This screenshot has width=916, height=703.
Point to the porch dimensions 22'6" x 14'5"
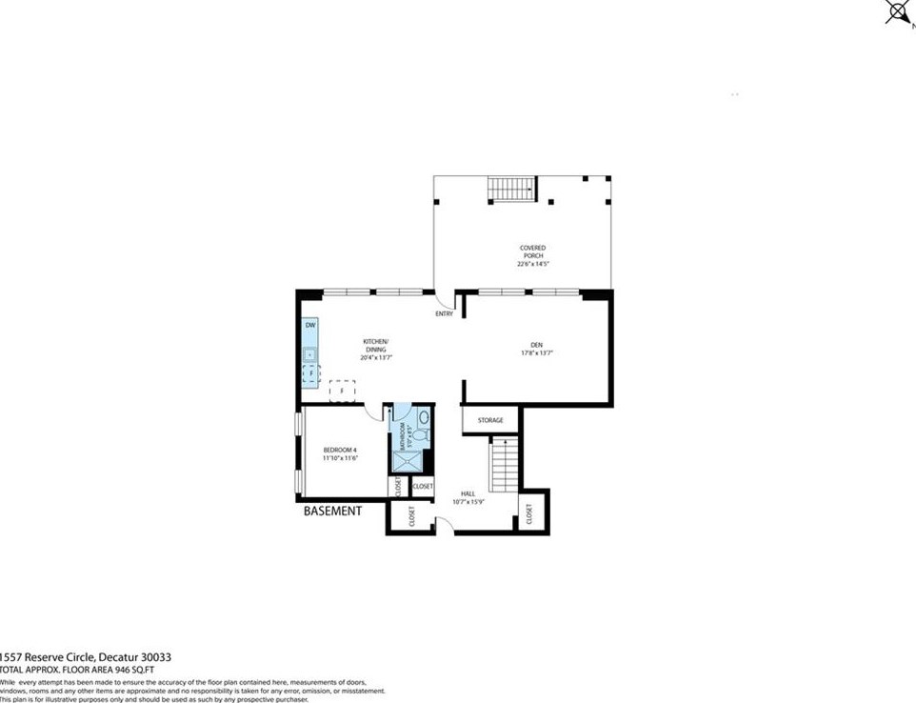click(x=532, y=265)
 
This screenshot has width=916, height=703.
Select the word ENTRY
click(x=445, y=314)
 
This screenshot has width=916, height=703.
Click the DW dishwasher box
click(x=310, y=327)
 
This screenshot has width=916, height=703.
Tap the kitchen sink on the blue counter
click(x=310, y=354)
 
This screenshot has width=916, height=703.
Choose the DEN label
click(x=536, y=345)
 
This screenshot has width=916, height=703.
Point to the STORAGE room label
click(x=490, y=420)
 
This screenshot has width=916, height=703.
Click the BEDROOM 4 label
click(x=339, y=450)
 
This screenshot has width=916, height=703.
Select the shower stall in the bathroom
click(x=407, y=462)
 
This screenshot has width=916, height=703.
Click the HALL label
click(x=468, y=493)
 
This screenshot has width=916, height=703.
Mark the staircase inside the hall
click(x=502, y=464)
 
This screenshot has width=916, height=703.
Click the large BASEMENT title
click(x=332, y=512)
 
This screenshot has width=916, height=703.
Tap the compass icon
click(x=896, y=11)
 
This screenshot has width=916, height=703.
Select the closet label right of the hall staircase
click(x=529, y=514)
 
